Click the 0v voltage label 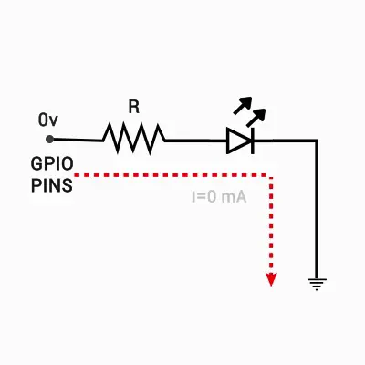(47, 120)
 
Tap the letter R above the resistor (134, 107)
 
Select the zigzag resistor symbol (134, 139)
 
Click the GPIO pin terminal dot (49, 140)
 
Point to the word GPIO (52, 164)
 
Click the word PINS (52, 185)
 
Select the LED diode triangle (239, 141)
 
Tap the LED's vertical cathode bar (252, 141)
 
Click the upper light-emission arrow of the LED (243, 105)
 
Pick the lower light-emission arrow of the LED (255, 118)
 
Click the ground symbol (317, 284)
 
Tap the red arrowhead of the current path (271, 279)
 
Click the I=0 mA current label (219, 197)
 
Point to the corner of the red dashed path (271, 175)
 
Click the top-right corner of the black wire (317, 141)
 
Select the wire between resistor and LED (196, 141)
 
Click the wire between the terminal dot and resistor (78, 140)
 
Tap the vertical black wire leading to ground (317, 209)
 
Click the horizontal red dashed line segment (172, 175)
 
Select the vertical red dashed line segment (271, 225)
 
